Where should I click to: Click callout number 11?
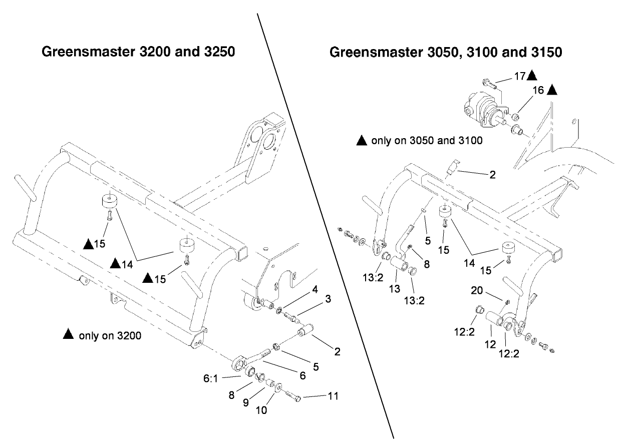tap(333, 396)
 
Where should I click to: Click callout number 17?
tap(519, 76)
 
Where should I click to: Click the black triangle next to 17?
tap(532, 76)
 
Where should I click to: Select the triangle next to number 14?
tap(115, 262)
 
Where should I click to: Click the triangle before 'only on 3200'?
tap(68, 335)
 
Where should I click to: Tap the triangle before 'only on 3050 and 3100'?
tap(362, 141)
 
